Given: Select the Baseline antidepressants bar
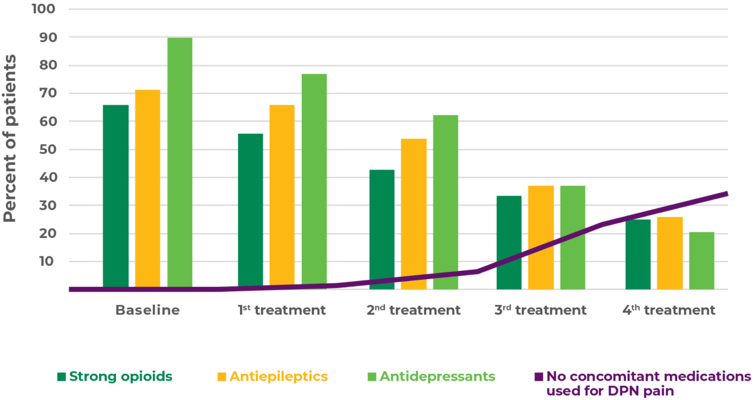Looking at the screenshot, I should (x=180, y=163).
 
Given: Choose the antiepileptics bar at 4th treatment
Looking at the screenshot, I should (x=670, y=252).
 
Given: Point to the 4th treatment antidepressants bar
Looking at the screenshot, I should (x=702, y=260).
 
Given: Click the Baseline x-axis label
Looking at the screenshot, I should (x=148, y=310).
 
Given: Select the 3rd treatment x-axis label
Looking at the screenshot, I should (x=540, y=310).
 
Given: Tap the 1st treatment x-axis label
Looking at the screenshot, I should (x=281, y=310).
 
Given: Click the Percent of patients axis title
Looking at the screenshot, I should (x=10, y=138).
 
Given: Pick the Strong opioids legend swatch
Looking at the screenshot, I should (x=61, y=377).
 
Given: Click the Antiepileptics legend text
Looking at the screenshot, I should (x=278, y=377).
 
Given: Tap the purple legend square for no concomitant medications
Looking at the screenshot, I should (x=538, y=377).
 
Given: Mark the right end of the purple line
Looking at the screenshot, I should (x=728, y=193).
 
